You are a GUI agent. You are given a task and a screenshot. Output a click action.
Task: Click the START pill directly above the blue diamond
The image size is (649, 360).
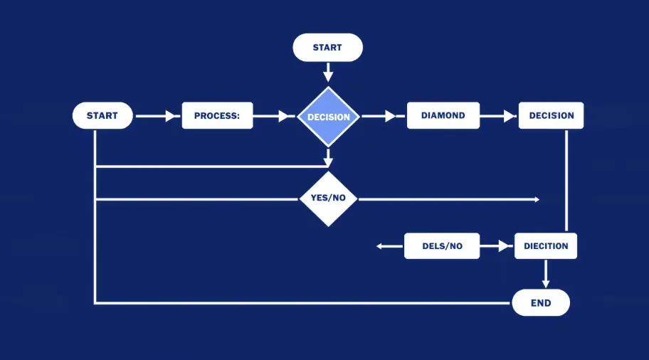pyautogui.click(x=327, y=48)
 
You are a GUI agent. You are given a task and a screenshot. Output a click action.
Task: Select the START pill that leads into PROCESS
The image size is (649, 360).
pyautogui.click(x=102, y=115)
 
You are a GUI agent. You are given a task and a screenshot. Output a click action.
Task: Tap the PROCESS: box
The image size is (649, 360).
pyautogui.click(x=217, y=115)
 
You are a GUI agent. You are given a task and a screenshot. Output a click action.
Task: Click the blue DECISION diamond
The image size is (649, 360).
pyautogui.click(x=328, y=117)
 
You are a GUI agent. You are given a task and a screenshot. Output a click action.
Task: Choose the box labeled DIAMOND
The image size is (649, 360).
pyautogui.click(x=443, y=115)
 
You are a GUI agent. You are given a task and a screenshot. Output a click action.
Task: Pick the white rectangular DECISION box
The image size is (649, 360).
pyautogui.click(x=551, y=115)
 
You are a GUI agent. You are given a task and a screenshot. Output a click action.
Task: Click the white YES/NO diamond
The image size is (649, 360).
pyautogui.click(x=327, y=198)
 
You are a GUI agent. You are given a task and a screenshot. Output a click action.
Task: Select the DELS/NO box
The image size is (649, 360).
pyautogui.click(x=442, y=246)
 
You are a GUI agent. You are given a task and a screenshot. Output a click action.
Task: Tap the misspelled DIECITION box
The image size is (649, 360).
pyautogui.click(x=546, y=246)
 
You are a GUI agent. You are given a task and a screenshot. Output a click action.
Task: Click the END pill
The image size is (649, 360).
pyautogui.click(x=541, y=303)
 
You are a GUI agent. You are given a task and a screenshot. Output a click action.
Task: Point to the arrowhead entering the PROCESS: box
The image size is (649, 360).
pyautogui.click(x=171, y=116)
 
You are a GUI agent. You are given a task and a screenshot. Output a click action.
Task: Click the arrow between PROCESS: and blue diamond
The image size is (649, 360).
pyautogui.click(x=275, y=116)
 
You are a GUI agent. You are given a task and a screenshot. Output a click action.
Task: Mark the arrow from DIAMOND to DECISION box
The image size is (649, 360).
pyautogui.click(x=499, y=116)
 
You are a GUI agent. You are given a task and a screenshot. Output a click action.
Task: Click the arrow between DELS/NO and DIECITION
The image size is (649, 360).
pyautogui.click(x=497, y=246)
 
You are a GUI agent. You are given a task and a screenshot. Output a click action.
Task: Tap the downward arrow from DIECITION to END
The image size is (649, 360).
pyautogui.click(x=547, y=273)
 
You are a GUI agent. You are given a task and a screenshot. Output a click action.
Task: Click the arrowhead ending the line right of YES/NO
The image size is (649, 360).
pyautogui.click(x=537, y=199)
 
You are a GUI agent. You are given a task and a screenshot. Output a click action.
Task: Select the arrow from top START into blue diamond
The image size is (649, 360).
pyautogui.click(x=327, y=73)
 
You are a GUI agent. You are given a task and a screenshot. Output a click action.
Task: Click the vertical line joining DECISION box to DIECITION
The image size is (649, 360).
pyautogui.click(x=566, y=181)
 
